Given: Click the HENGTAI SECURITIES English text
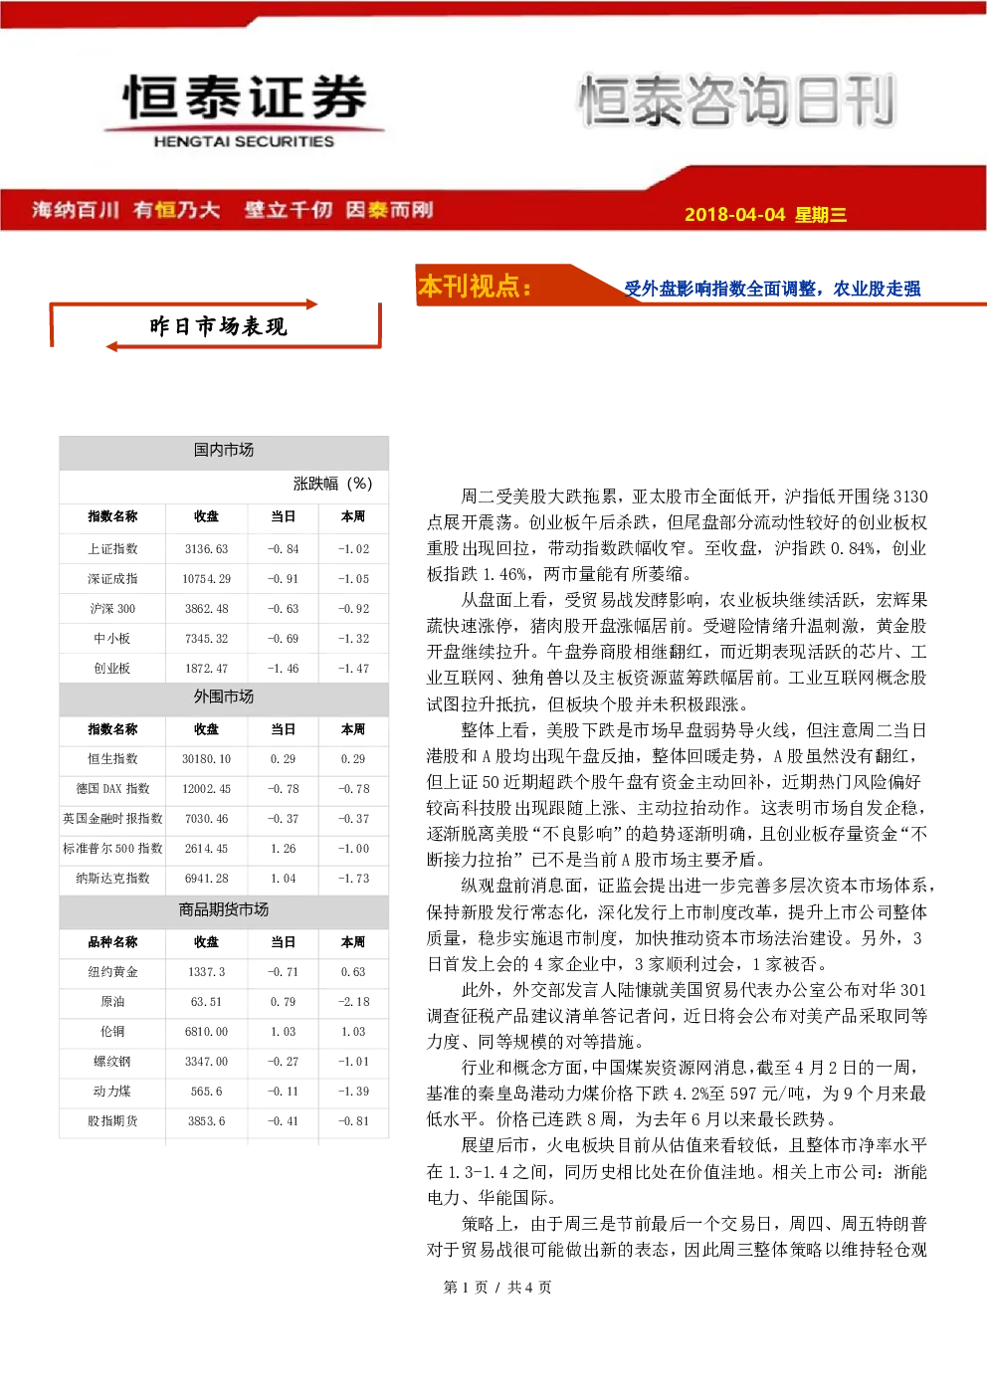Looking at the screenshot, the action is (244, 141).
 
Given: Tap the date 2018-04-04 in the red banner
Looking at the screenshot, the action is (734, 214).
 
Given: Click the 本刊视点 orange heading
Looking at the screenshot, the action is (475, 287).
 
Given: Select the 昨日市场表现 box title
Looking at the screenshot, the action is (218, 326).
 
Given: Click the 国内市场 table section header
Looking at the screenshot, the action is (224, 450).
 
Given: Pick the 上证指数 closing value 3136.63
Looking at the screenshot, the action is (206, 549).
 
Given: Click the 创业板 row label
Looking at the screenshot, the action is (112, 668).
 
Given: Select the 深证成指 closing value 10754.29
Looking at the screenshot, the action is (206, 579).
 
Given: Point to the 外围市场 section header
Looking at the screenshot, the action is (224, 697).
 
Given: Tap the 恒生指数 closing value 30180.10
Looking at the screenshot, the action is (206, 759).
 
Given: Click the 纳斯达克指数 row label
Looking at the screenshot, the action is (112, 879).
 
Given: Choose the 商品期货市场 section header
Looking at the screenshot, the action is (224, 909).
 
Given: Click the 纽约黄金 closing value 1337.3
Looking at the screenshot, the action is (206, 971).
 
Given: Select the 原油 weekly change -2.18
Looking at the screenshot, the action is (353, 1002).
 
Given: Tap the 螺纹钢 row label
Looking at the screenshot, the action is (112, 1062).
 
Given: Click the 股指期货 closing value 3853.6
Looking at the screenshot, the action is (206, 1121).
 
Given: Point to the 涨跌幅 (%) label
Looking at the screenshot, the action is (332, 484).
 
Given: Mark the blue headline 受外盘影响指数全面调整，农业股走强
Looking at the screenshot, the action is (772, 289).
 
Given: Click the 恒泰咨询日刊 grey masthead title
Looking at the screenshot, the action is (737, 100).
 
